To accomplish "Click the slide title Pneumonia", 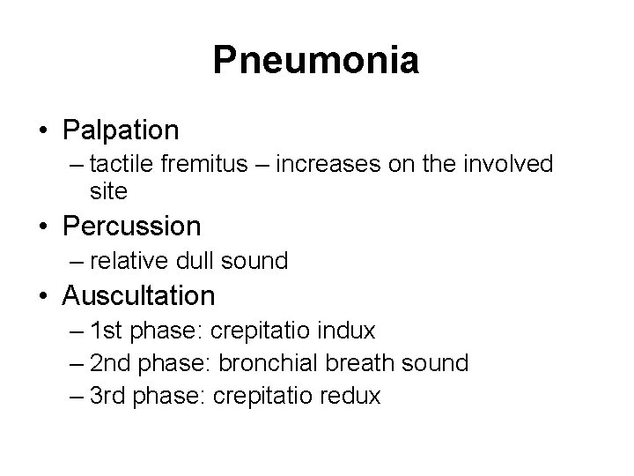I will click(x=316, y=61).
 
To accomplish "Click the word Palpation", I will click(x=121, y=130).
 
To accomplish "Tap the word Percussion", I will click(x=132, y=227).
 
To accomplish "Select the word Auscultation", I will click(x=138, y=294).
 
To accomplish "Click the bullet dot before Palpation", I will click(x=43, y=131).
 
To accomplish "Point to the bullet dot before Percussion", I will click(x=43, y=227).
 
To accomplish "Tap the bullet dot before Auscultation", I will click(x=43, y=295).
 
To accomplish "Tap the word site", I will click(x=108, y=190).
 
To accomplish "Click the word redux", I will click(x=350, y=396).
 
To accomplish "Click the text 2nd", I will click(x=111, y=362).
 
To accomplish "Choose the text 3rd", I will click(x=110, y=396).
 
